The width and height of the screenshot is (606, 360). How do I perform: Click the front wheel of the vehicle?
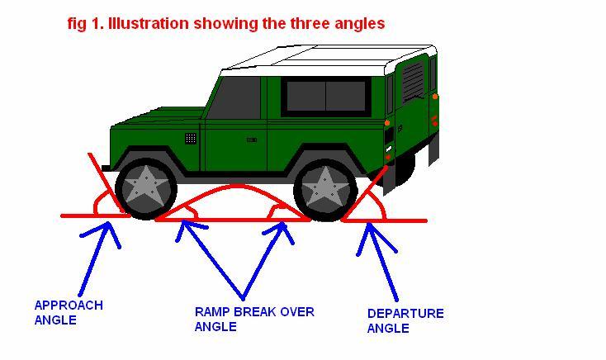click(x=146, y=188)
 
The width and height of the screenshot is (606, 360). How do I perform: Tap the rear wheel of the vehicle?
click(x=324, y=191)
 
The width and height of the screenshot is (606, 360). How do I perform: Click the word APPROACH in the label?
click(x=69, y=306)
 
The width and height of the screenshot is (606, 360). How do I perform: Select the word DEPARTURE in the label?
click(x=405, y=313)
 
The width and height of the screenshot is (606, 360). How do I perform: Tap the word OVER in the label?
click(x=297, y=311)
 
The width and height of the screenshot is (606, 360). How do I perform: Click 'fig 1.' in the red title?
click(x=86, y=24)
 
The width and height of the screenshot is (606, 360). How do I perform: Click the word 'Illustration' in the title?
click(x=149, y=24)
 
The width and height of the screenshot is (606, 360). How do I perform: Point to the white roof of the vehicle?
click(x=329, y=61)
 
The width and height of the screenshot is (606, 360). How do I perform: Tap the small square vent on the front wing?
click(x=191, y=138)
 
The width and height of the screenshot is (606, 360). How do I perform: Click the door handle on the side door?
click(x=252, y=140)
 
